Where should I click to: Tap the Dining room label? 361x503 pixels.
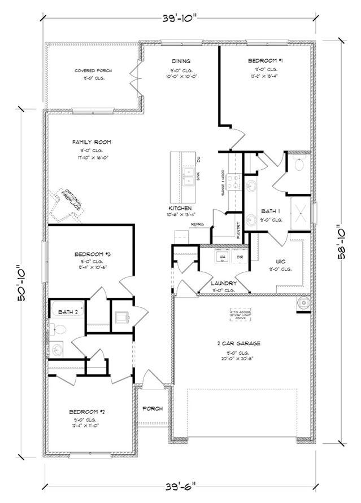[x=181, y=61]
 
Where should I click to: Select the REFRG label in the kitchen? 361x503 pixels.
[x=197, y=224]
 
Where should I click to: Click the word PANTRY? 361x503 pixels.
[x=238, y=231]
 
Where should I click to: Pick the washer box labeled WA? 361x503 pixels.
[x=221, y=257]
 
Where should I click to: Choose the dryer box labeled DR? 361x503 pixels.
[x=240, y=257]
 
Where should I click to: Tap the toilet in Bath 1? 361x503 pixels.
[x=299, y=165]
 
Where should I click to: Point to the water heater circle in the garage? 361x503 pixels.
[x=303, y=303]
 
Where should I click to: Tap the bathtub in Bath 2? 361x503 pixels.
[x=68, y=311]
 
